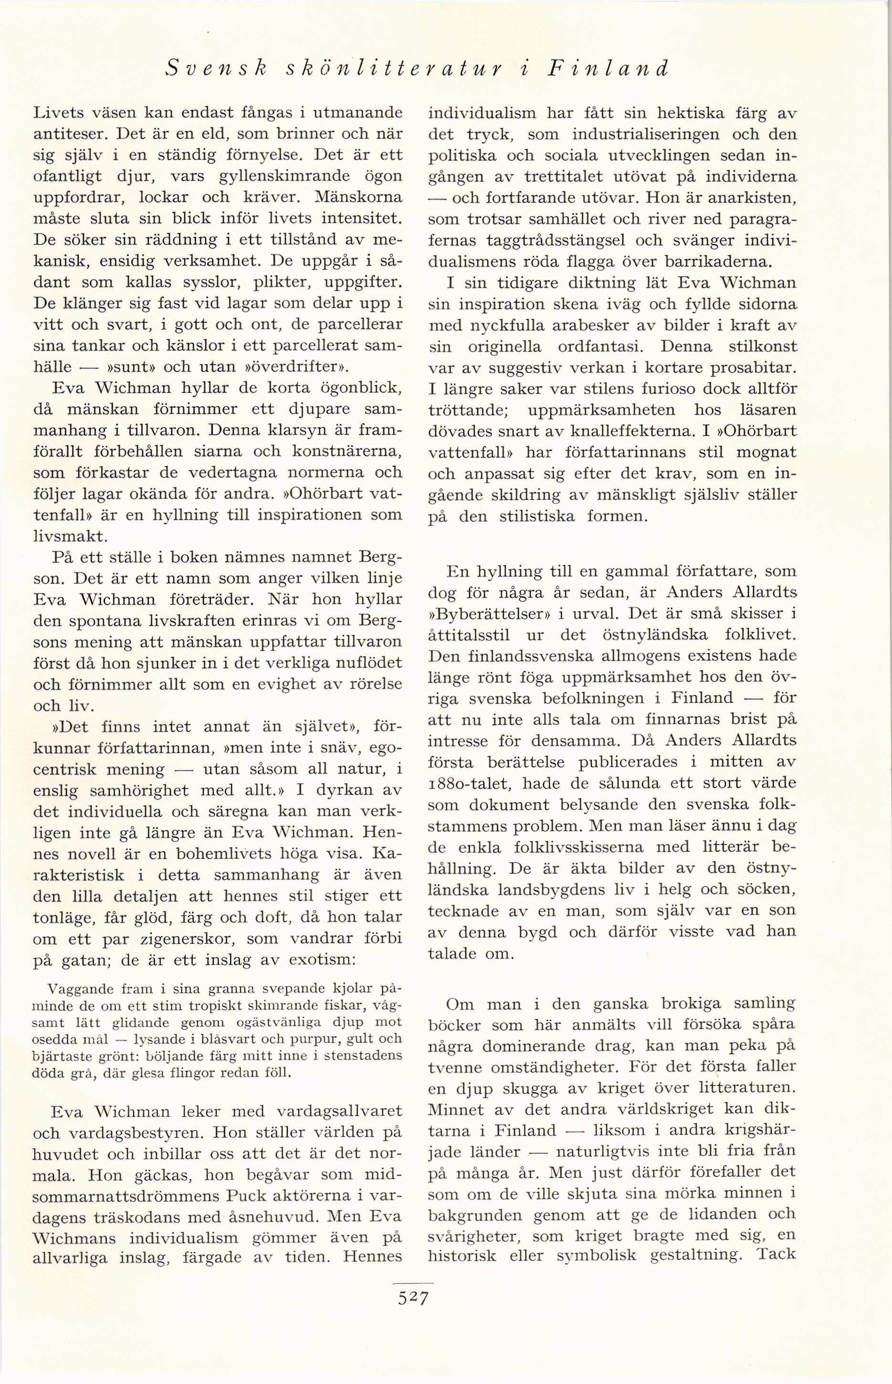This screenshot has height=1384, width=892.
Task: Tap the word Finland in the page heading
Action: (x=608, y=68)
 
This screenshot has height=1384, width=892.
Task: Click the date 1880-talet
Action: (x=470, y=784)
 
